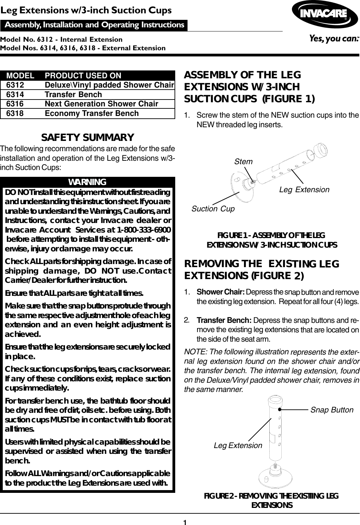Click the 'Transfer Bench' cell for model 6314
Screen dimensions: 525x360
73,94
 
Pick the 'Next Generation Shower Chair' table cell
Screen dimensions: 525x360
101,104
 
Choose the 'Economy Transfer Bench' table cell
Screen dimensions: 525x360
92,113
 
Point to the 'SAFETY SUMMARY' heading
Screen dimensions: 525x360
88,137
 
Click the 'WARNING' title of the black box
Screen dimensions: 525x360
88,181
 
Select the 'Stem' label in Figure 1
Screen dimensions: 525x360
243,161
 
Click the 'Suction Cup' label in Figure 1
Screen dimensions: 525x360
213,209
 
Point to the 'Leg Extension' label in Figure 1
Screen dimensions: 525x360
304,189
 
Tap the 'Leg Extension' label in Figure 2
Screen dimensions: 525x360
238,445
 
